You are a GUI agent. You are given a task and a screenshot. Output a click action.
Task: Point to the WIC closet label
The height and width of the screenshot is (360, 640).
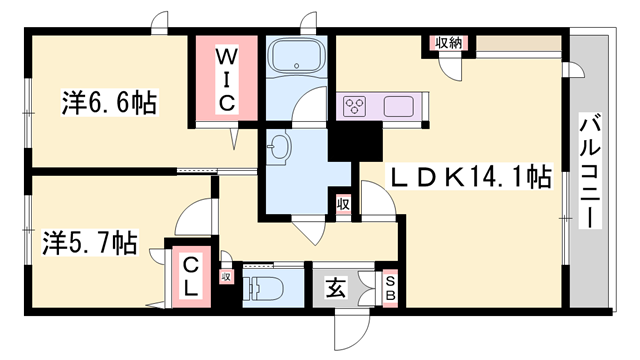(x=227, y=77)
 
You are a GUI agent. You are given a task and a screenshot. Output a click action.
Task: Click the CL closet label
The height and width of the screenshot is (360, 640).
(x=190, y=274)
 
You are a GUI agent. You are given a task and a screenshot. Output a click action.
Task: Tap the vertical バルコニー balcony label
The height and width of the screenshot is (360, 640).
(x=591, y=172)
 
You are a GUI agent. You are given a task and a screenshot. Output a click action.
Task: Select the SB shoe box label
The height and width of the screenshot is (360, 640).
(x=390, y=287)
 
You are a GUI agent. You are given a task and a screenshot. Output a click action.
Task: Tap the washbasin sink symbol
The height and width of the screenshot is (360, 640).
(x=279, y=151)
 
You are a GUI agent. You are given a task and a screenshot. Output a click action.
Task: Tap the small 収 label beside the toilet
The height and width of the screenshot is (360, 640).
(x=226, y=277)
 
